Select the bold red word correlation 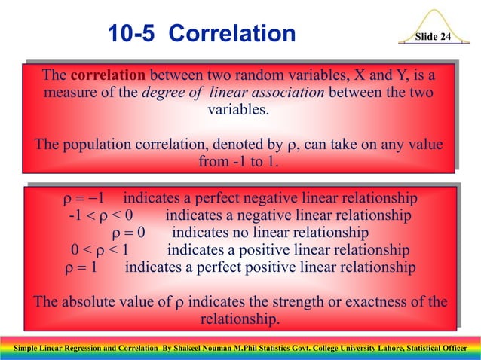pyautogui.click(x=109, y=76)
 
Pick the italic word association pyautogui.click(x=284, y=93)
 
